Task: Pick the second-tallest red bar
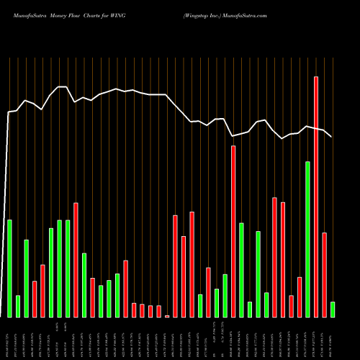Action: click(x=233, y=231)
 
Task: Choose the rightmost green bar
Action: click(x=333, y=310)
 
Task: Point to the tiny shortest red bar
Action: click(x=167, y=316)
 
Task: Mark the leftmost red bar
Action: click(x=35, y=299)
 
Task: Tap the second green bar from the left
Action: click(x=18, y=306)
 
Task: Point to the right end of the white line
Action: click(x=332, y=136)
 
